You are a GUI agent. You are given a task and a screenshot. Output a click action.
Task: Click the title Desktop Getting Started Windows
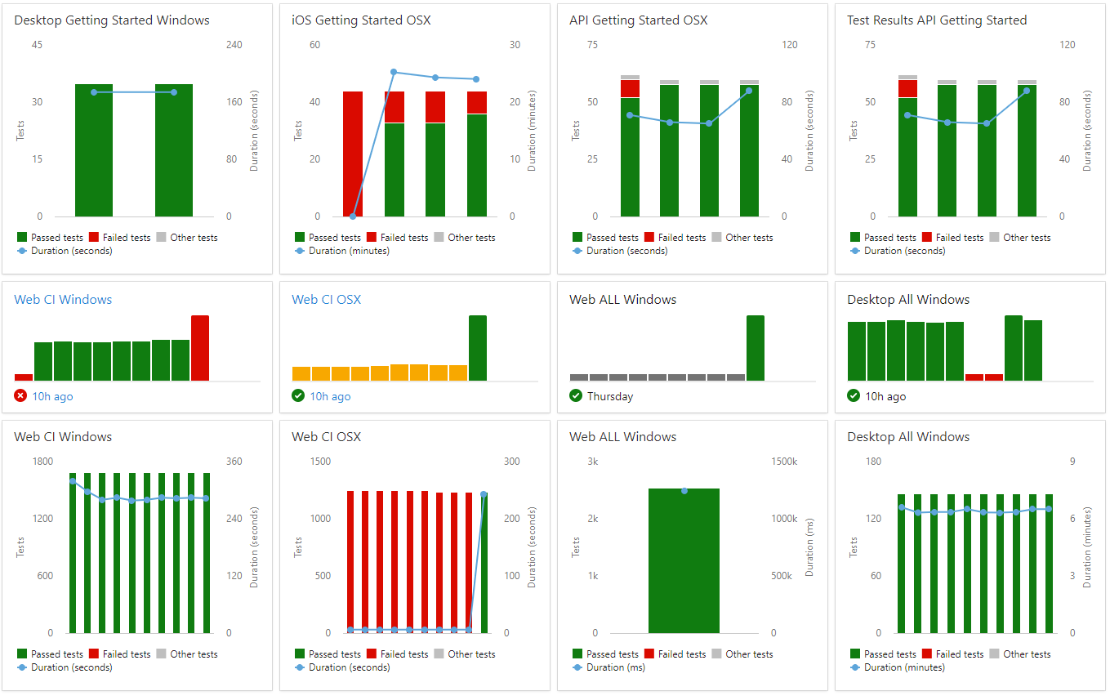(x=112, y=20)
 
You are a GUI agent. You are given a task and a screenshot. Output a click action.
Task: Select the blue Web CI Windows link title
(x=63, y=300)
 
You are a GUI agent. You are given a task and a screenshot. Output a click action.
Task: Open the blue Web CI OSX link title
(x=326, y=300)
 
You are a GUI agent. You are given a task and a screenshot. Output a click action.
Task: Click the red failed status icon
(x=21, y=396)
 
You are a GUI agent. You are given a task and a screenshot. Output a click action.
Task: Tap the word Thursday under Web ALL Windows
(x=610, y=396)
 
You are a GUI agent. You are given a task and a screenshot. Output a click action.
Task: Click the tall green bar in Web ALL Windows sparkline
(x=756, y=348)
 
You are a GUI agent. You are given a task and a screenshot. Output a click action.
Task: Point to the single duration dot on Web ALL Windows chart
(x=684, y=491)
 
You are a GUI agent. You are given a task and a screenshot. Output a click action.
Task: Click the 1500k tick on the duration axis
(x=784, y=462)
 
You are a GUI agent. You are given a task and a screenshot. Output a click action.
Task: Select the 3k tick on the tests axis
(x=593, y=462)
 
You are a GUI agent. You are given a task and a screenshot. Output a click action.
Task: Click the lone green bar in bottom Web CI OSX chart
(x=484, y=564)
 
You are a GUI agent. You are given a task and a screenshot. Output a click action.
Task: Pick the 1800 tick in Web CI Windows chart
(x=42, y=462)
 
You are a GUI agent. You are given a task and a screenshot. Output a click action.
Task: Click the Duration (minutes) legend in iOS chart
(x=349, y=251)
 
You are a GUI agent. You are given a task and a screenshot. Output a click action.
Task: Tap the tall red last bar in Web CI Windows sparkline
(x=200, y=348)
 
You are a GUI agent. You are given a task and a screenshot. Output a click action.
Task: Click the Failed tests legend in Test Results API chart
(x=959, y=238)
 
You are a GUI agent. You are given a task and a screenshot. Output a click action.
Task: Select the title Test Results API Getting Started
(x=937, y=20)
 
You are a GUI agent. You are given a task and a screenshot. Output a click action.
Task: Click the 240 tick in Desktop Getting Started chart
(x=234, y=45)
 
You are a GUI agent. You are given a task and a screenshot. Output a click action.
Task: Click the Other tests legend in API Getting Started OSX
(x=749, y=238)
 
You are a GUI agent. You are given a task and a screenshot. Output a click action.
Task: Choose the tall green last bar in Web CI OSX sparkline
(x=478, y=348)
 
